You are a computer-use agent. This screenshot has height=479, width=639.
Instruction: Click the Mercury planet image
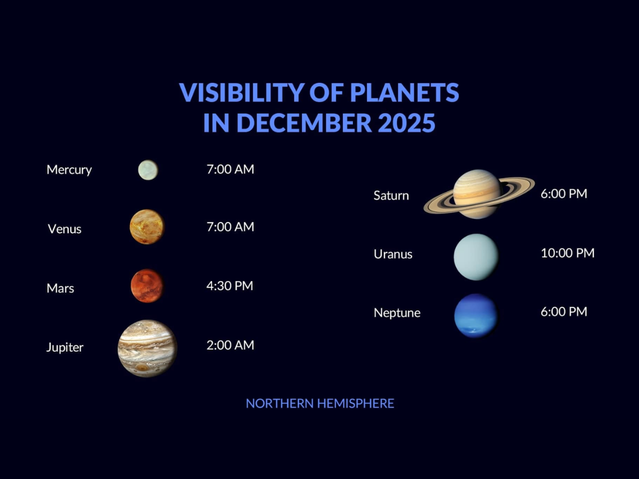pyautogui.click(x=148, y=170)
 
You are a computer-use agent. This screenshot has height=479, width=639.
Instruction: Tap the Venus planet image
pyautogui.click(x=147, y=227)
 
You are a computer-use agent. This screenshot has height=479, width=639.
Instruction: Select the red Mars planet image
pyautogui.click(x=147, y=286)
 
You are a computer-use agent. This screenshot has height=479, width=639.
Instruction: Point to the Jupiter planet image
pyautogui.click(x=148, y=349)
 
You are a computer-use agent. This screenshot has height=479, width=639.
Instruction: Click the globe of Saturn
pyautogui.click(x=477, y=194)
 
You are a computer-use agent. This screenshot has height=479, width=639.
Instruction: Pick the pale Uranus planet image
pyautogui.click(x=476, y=257)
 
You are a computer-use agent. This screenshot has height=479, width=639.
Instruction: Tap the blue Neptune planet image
pyautogui.click(x=476, y=316)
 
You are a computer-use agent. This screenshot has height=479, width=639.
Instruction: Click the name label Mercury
pyautogui.click(x=69, y=170)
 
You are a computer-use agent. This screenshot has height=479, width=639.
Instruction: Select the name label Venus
pyautogui.click(x=64, y=229)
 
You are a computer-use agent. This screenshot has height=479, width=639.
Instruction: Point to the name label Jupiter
pyautogui.click(x=65, y=348)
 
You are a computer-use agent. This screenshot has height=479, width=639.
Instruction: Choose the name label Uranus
pyautogui.click(x=393, y=254)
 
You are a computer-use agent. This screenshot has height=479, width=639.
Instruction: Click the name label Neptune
pyautogui.click(x=397, y=313)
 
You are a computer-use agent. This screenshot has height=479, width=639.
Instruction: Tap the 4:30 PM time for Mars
pyautogui.click(x=230, y=286)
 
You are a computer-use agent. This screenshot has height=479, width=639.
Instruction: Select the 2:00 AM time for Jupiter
pyautogui.click(x=230, y=345)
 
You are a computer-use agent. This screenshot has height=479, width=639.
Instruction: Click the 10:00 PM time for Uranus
pyautogui.click(x=567, y=253)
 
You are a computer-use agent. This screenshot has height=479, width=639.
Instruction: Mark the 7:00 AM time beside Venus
pyautogui.click(x=230, y=227)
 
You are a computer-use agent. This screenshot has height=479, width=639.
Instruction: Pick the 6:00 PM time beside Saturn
pyautogui.click(x=564, y=194)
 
